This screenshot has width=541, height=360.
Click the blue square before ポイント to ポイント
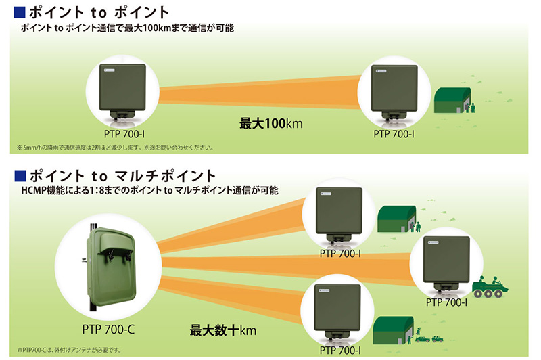click(20, 12)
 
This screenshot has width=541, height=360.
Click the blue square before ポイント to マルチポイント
click(20, 176)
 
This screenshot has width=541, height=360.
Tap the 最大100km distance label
click(271, 124)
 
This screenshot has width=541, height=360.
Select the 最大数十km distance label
click(223, 330)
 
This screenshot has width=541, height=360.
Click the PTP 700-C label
click(108, 330)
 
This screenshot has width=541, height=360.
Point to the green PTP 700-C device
click(110, 267)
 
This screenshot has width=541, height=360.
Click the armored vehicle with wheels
click(490, 287)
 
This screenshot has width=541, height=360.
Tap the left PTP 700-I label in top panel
click(124, 134)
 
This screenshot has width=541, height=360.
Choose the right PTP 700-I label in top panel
click(394, 134)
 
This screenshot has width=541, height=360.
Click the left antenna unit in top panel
click(122, 91)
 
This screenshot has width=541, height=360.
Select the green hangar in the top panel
click(452, 100)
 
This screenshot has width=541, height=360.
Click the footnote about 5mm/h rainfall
click(115, 148)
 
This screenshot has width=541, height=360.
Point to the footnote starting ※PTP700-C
click(70, 350)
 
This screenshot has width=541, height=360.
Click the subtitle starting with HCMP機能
click(149, 190)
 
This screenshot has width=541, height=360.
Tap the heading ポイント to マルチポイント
click(122, 176)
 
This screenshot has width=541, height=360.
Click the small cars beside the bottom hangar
click(429, 338)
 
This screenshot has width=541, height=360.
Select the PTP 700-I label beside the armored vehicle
click(446, 302)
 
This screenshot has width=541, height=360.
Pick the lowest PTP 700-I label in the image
click(340, 351)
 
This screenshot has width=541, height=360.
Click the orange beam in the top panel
click(259, 92)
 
